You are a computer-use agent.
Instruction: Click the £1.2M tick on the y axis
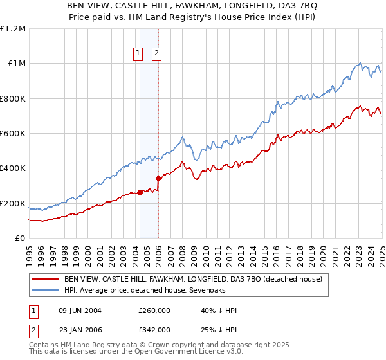(14, 29)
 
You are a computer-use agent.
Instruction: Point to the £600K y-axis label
(14, 134)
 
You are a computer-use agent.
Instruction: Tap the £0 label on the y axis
(20, 239)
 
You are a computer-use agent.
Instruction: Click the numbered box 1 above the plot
(138, 54)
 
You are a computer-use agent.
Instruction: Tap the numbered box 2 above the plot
(156, 54)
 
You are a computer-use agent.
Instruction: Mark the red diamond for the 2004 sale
(140, 192)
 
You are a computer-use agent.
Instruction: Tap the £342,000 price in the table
(154, 329)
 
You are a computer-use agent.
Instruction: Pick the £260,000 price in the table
(154, 311)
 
